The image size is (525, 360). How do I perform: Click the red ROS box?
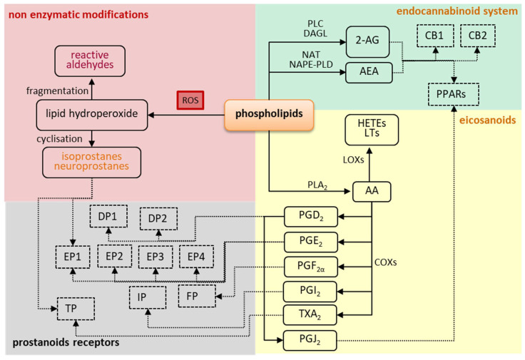tap(190, 101)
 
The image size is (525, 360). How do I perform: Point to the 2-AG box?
tap(372, 40)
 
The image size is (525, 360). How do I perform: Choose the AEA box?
tap(372, 73)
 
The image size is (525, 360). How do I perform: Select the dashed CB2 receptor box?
tap(477, 34)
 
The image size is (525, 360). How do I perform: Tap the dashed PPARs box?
tap(453, 93)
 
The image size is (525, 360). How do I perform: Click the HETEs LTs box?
tap(371, 130)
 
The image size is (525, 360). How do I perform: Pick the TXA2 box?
tap(307, 314)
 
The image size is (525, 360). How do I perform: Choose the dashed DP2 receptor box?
tap(158, 219)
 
